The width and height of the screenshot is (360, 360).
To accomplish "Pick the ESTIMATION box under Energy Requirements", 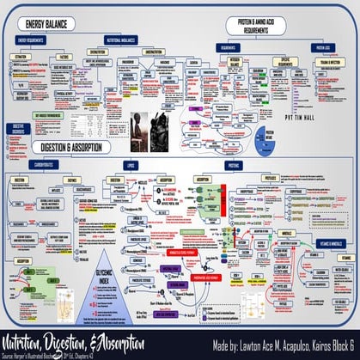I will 23,57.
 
